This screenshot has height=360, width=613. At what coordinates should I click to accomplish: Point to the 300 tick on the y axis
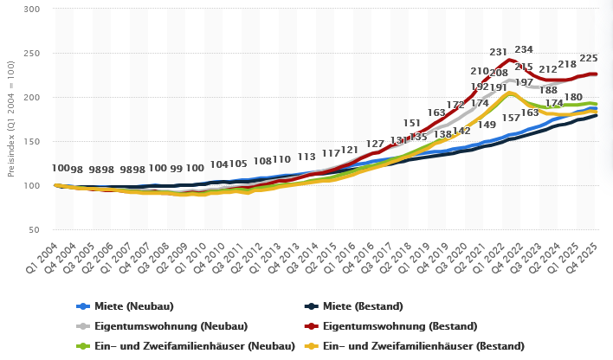(32, 9)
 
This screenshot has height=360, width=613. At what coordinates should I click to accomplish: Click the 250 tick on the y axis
(32, 53)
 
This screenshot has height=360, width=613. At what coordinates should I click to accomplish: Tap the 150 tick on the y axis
(32, 141)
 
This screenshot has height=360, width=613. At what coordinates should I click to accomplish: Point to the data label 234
(524, 50)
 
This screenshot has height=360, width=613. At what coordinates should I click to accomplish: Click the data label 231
(499, 53)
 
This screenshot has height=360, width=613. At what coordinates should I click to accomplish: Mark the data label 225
(589, 58)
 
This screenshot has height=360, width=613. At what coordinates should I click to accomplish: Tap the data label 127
(375, 144)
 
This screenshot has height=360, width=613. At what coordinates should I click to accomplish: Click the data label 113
(306, 157)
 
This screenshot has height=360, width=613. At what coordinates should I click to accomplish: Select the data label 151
(412, 124)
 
